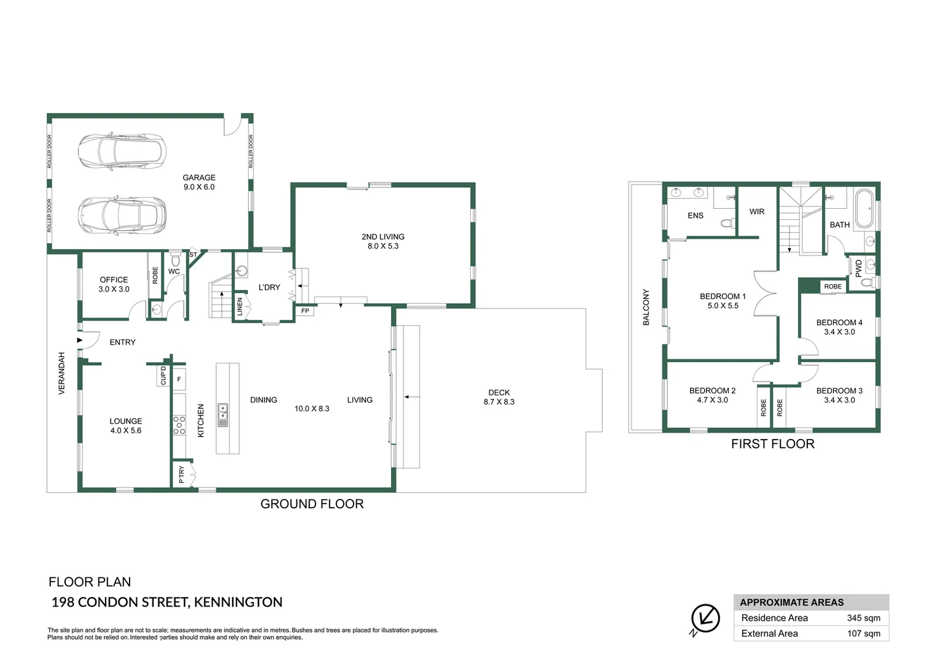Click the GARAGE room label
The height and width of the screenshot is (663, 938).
pyautogui.click(x=199, y=177)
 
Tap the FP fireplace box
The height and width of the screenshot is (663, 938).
pyautogui.click(x=305, y=311)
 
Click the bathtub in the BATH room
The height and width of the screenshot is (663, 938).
pyautogui.click(x=864, y=209)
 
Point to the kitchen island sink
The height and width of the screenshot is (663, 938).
pyautogui.click(x=223, y=414)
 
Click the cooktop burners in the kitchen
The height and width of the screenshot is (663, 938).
pyautogui.click(x=179, y=425)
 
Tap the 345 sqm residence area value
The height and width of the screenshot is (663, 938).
pyautogui.click(x=864, y=618)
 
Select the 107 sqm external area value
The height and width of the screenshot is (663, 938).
pyautogui.click(x=864, y=634)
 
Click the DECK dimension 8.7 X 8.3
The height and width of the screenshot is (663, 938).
pyautogui.click(x=498, y=401)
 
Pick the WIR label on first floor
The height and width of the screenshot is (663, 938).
pyautogui.click(x=757, y=212)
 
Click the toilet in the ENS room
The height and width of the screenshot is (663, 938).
pyautogui.click(x=728, y=223)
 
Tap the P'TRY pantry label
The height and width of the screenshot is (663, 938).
pyautogui.click(x=181, y=475)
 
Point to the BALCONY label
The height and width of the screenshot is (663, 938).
pyautogui.click(x=646, y=307)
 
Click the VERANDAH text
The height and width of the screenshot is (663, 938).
pyautogui.click(x=61, y=373)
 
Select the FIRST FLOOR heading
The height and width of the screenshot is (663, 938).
pyautogui.click(x=773, y=444)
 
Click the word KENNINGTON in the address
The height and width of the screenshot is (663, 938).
pyautogui.click(x=238, y=602)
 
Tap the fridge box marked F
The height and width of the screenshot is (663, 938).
pyautogui.click(x=179, y=379)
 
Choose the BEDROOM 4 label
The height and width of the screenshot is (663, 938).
pyautogui.click(x=839, y=322)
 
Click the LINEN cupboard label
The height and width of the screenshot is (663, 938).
pyautogui.click(x=239, y=306)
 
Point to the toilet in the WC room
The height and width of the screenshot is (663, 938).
pyautogui.click(x=176, y=258)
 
